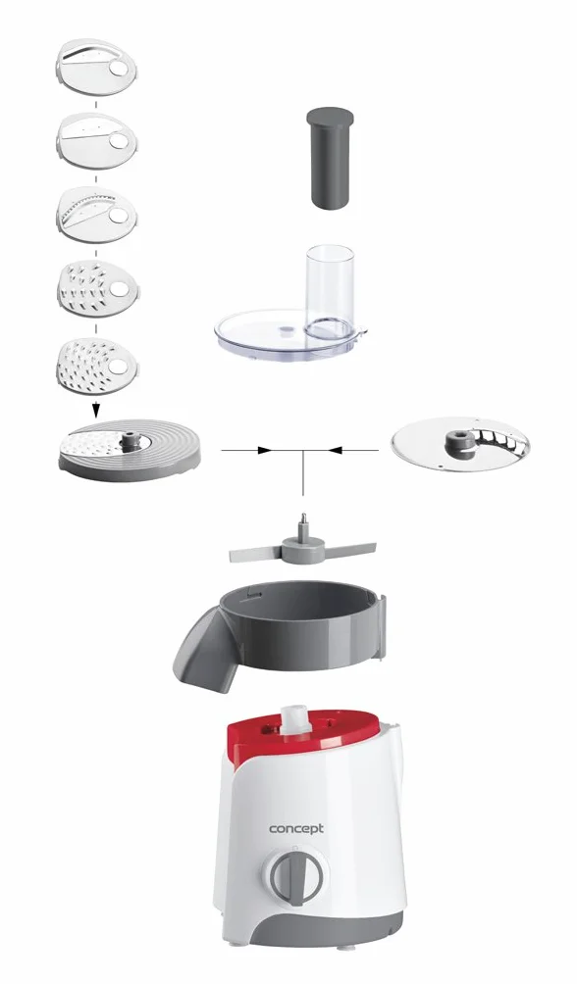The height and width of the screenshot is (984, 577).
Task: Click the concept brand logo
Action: coord(296,829)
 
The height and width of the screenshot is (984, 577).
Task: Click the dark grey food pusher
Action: coord(329,157)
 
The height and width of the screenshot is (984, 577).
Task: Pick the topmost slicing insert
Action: coord(97,68)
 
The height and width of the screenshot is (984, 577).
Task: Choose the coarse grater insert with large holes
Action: coord(97,290)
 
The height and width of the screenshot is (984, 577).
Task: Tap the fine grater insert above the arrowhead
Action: coord(97,366)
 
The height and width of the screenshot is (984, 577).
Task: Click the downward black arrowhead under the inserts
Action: coord(95,411)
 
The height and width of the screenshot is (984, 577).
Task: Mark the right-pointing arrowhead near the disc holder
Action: coord(265,450)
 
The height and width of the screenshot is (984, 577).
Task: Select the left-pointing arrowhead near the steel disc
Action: coord(335,450)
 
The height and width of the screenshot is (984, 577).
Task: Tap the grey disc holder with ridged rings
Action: coord(130,450)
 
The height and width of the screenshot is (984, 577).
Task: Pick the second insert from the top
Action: coord(97,140)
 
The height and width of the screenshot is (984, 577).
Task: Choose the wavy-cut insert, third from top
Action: coord(97,215)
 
